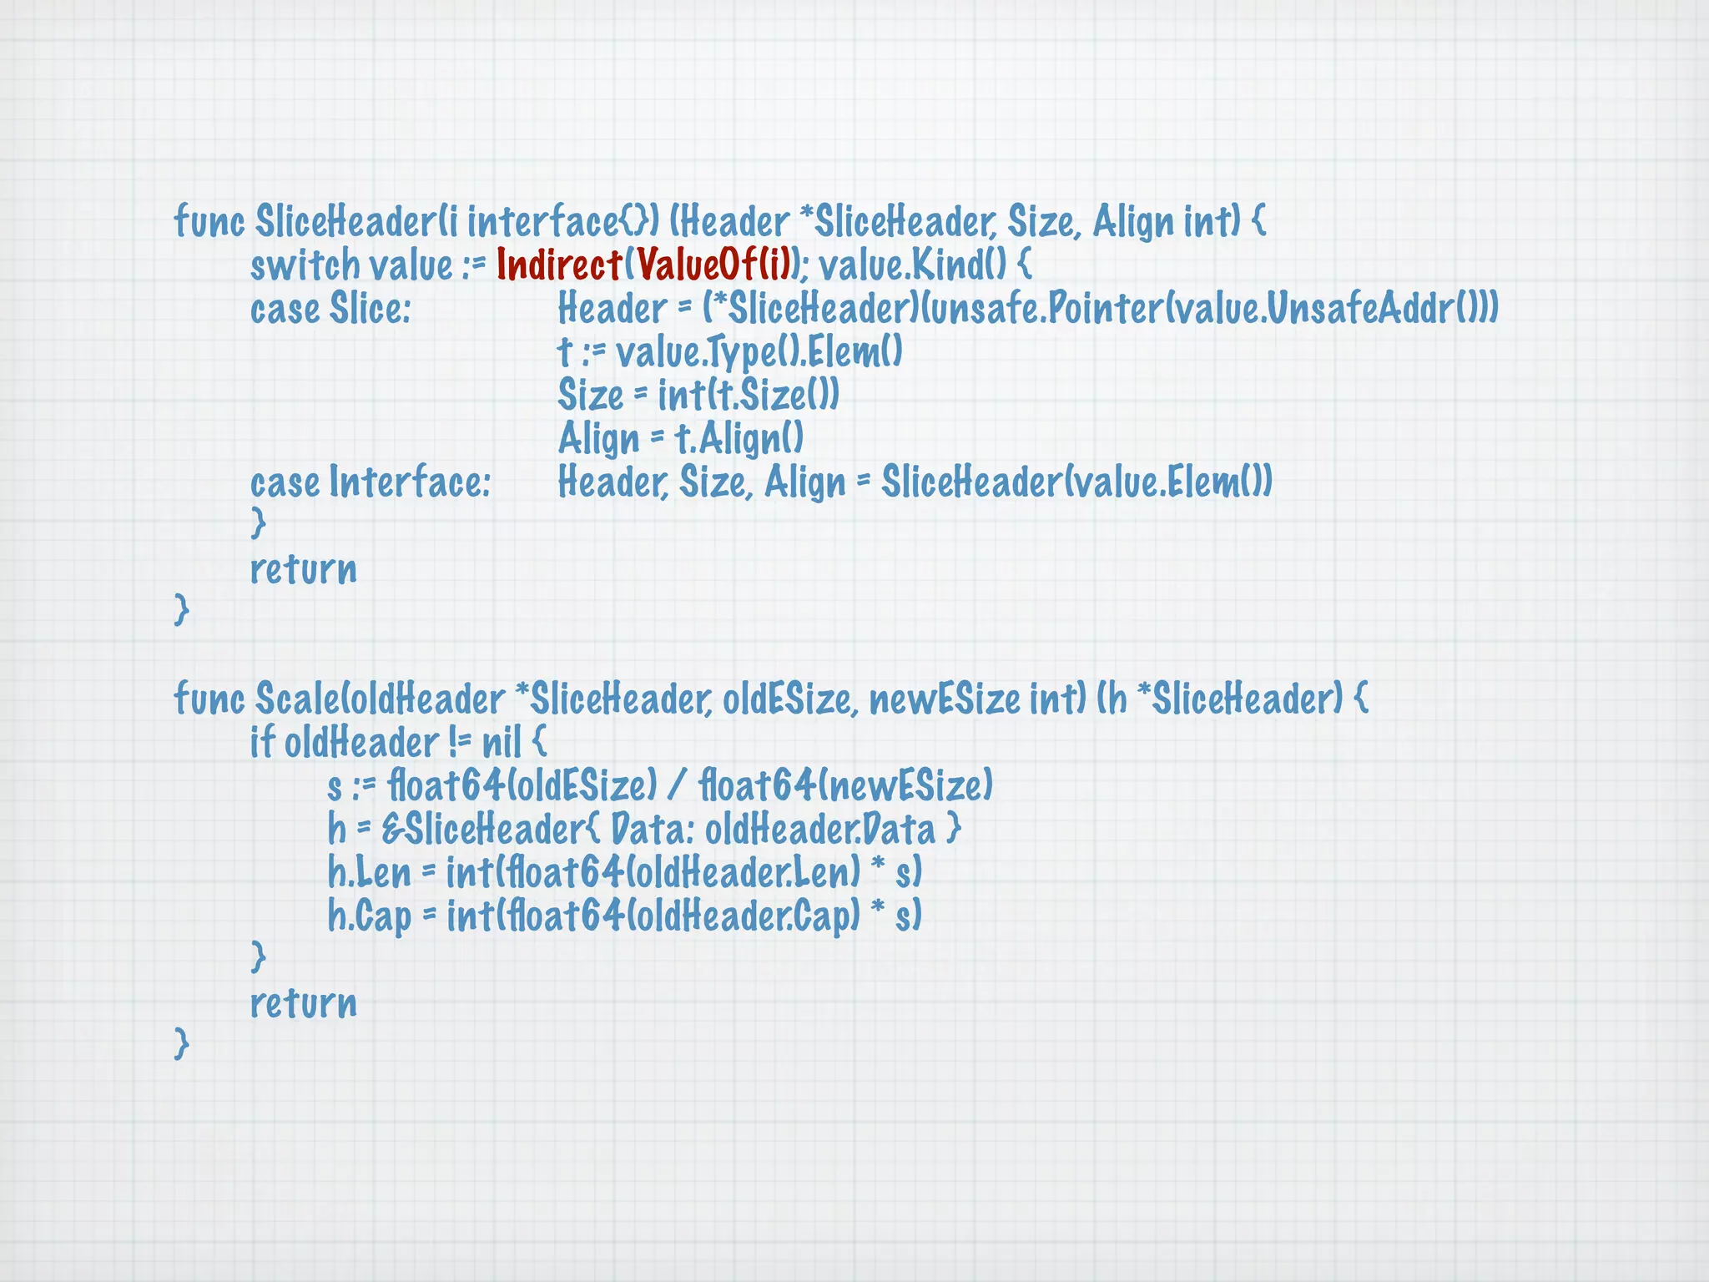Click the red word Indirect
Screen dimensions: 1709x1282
tap(559, 265)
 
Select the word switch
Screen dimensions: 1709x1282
tap(305, 265)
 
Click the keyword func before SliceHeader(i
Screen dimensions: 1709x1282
tap(209, 222)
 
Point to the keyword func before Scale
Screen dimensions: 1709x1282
tap(209, 699)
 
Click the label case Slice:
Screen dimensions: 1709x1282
tap(330, 309)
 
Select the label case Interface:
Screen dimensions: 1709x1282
tap(371, 482)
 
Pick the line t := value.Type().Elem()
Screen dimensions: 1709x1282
tap(730, 352)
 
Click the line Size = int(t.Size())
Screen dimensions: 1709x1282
tap(698, 396)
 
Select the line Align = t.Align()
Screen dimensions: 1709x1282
tap(681, 439)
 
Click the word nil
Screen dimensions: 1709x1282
tap(502, 743)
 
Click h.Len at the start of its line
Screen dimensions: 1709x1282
tap(369, 873)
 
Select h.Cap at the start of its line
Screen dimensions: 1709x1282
tap(369, 916)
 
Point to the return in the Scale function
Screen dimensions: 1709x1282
tap(304, 1003)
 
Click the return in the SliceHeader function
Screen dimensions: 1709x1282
tap(304, 569)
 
